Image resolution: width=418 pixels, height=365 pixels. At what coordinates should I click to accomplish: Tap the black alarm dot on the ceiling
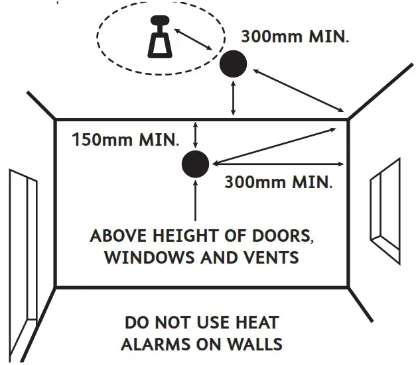click(233, 64)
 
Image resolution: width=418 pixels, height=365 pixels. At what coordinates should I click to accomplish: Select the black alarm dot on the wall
click(195, 164)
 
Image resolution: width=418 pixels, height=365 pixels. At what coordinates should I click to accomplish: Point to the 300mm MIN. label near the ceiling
click(295, 36)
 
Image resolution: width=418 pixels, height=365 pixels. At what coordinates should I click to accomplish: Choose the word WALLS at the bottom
click(255, 344)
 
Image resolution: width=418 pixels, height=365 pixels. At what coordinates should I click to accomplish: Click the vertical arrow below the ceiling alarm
click(233, 99)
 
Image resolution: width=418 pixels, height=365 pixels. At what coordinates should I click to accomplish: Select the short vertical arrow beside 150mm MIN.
click(195, 135)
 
